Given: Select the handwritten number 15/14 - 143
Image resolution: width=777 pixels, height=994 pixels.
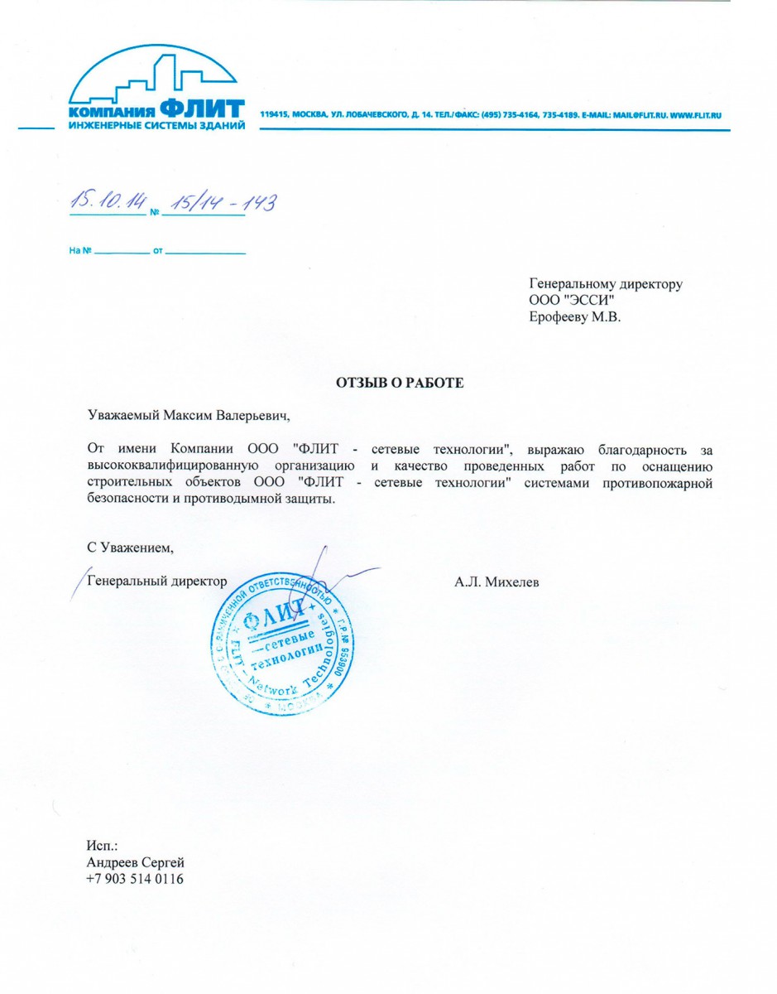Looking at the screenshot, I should pyautogui.click(x=221, y=202).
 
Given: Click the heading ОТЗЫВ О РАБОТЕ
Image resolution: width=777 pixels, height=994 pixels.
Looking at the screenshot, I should pyautogui.click(x=400, y=383).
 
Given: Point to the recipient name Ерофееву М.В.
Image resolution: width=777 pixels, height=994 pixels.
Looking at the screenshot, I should pyautogui.click(x=574, y=316).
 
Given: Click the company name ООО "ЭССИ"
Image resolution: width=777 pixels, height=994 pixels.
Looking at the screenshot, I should pyautogui.click(x=570, y=300).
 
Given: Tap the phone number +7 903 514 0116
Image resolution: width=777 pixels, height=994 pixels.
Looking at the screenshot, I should pyautogui.click(x=135, y=879).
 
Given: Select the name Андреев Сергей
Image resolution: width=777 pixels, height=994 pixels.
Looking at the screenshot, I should pyautogui.click(x=135, y=863).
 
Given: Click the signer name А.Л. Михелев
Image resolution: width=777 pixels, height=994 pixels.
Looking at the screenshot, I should pyautogui.click(x=496, y=582).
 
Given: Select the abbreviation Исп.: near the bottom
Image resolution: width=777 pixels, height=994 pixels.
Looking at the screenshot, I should pyautogui.click(x=103, y=847).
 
